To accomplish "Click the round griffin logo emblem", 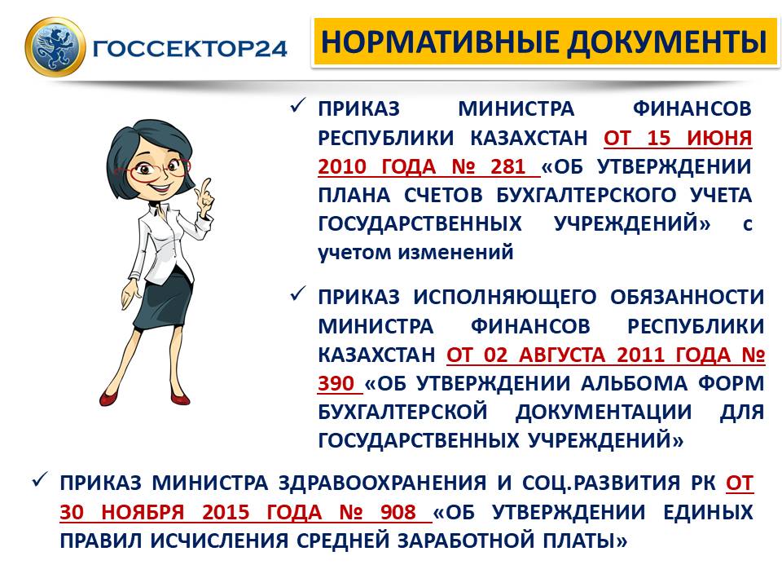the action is [55, 46].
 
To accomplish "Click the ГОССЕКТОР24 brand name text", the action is [190, 48].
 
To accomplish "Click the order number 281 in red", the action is [508, 166].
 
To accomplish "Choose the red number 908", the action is [398, 512].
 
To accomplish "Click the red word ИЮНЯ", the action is [719, 138].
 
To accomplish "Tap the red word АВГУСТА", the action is [561, 355].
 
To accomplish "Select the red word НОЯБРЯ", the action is [143, 512].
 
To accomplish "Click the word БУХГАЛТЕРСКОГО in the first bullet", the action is [586, 195].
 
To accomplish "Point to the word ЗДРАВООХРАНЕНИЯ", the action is [382, 483].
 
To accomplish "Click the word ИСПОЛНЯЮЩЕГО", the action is [505, 298].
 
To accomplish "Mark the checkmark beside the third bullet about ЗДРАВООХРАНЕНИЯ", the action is [40, 480].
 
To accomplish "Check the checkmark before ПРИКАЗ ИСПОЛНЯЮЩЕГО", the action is [298, 294].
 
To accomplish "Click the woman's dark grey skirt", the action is [162, 304].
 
